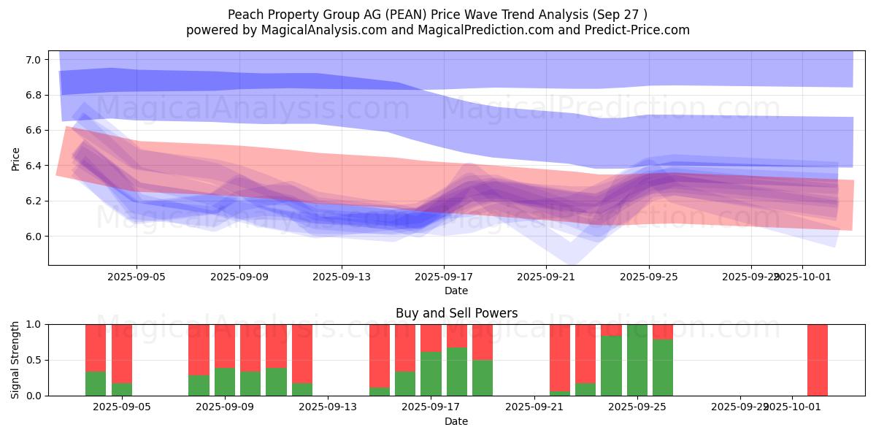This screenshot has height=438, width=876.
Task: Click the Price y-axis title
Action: (x=16, y=158)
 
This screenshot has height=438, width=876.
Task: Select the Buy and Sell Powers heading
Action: (x=456, y=313)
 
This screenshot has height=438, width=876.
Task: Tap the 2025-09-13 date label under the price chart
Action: (x=342, y=277)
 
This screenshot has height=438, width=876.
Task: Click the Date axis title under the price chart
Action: (x=456, y=291)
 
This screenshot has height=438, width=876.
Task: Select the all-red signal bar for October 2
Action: (x=818, y=360)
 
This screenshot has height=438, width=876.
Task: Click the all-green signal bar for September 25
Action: (x=637, y=360)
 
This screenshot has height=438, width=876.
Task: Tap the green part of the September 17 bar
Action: (x=431, y=374)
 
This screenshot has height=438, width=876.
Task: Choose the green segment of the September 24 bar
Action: (x=611, y=366)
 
